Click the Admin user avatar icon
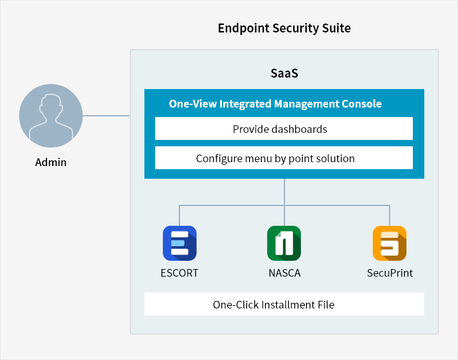point(51,116)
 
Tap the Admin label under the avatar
point(51,162)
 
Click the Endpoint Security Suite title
point(284,29)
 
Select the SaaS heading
point(284,73)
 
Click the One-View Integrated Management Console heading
point(275,104)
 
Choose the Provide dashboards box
point(284,128)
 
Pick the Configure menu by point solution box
point(284,158)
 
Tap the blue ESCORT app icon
point(179,243)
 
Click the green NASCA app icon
point(284,243)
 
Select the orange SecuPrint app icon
point(390,243)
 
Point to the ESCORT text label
point(179,273)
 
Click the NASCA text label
point(284,273)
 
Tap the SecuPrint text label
point(390,273)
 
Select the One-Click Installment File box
point(284,304)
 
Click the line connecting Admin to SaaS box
point(106,116)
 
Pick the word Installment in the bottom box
point(288,305)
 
